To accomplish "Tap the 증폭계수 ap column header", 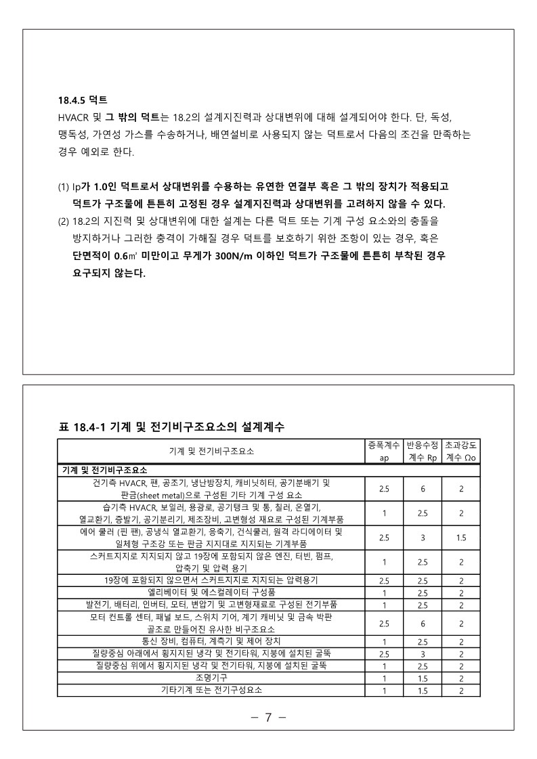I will pyautogui.click(x=383, y=451).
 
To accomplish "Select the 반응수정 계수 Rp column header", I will pyautogui.click(x=422, y=451).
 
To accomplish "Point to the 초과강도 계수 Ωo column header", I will pyautogui.click(x=460, y=451).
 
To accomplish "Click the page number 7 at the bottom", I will pyautogui.click(x=268, y=717).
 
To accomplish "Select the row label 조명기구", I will pyautogui.click(x=211, y=678).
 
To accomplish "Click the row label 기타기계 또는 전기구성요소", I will pyautogui.click(x=211, y=690).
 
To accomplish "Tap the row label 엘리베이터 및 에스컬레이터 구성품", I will pyautogui.click(x=211, y=592).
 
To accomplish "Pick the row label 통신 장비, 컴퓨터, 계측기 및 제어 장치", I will pyautogui.click(x=211, y=641).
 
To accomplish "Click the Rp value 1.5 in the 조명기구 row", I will pyautogui.click(x=422, y=678).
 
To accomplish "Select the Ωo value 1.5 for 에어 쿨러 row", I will pyautogui.click(x=460, y=538).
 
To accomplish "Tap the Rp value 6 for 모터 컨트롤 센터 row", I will pyautogui.click(x=422, y=624).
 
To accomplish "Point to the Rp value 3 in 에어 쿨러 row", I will pyautogui.click(x=422, y=538).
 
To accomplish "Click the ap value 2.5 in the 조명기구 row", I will pyautogui.click(x=383, y=678).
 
